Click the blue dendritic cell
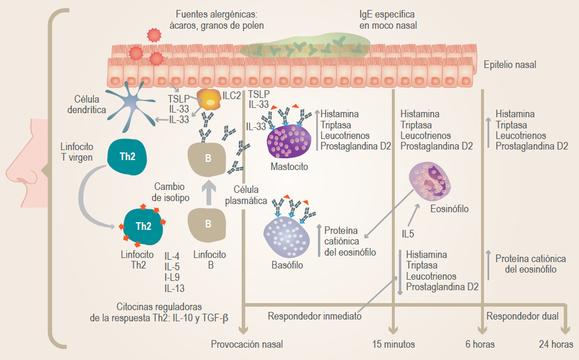pyautogui.click(x=133, y=105)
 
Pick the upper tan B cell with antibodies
pyautogui.click(x=206, y=157)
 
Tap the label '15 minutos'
pyautogui.click(x=394, y=344)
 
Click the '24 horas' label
pyautogui.click(x=555, y=344)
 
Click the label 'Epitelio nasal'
pyautogui.click(x=510, y=65)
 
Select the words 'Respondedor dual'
pyautogui.click(x=522, y=316)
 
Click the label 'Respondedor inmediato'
pyautogui.click(x=314, y=316)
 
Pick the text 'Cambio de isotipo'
pyautogui.click(x=170, y=192)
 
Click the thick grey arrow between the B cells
pyautogui.click(x=206, y=193)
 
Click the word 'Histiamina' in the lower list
pyautogui.click(x=426, y=255)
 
